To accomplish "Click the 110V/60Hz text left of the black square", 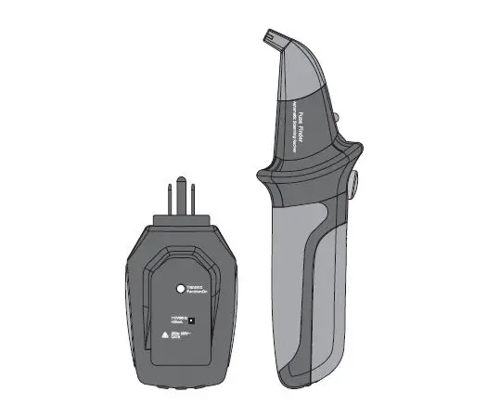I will click(173, 315).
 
